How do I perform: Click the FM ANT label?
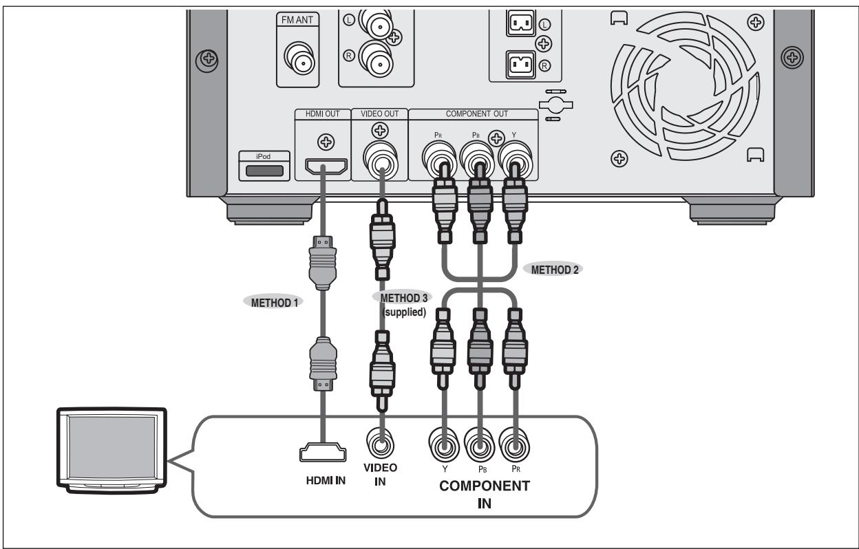pyautogui.click(x=297, y=20)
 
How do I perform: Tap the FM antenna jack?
pyautogui.click(x=300, y=58)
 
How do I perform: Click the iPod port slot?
pyautogui.click(x=264, y=171)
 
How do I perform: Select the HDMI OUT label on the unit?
pyautogui.click(x=323, y=114)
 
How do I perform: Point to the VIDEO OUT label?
pyautogui.click(x=380, y=114)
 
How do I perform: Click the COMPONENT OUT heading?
pyautogui.click(x=477, y=114)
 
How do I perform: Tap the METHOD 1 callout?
pyautogui.click(x=274, y=303)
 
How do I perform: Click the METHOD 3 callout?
pyautogui.click(x=403, y=297)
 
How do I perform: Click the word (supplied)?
pyautogui.click(x=404, y=312)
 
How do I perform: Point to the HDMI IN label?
pyautogui.click(x=326, y=480)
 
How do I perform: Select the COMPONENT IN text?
pyautogui.click(x=485, y=495)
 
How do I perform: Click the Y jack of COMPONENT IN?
pyautogui.click(x=444, y=446)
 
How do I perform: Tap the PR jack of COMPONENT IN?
pyautogui.click(x=515, y=446)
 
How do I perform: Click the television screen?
pyautogui.click(x=112, y=446)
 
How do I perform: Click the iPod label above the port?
pyautogui.click(x=263, y=156)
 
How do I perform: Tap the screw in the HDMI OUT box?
pyautogui.click(x=326, y=142)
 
